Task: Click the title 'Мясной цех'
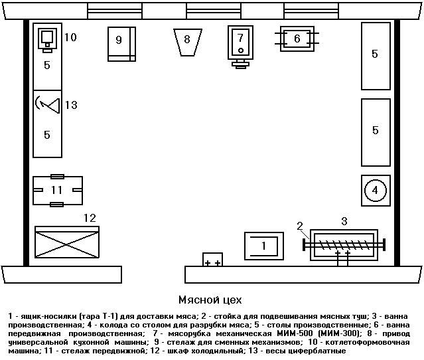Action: click(x=210, y=300)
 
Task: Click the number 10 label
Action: click(x=70, y=37)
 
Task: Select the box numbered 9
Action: click(x=121, y=44)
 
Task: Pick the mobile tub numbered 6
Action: click(x=297, y=39)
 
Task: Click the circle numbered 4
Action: click(x=375, y=191)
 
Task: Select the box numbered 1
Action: click(x=263, y=246)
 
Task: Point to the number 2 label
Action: click(x=300, y=226)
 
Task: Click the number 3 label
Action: click(x=344, y=221)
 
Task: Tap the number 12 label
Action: click(x=90, y=217)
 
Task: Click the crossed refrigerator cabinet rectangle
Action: click(x=66, y=242)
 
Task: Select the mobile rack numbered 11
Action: click(x=58, y=190)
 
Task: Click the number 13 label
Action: click(x=71, y=105)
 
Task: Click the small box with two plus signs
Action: click(x=213, y=260)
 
